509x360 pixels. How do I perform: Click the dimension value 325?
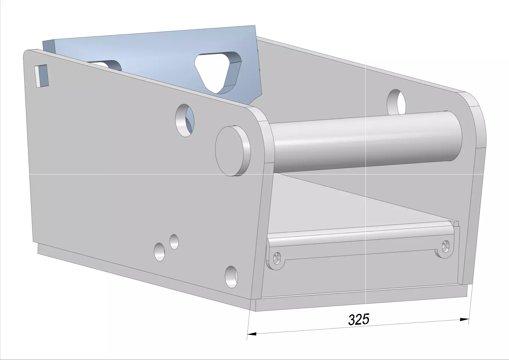click(x=359, y=319)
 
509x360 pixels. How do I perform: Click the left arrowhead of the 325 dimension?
click(x=252, y=334)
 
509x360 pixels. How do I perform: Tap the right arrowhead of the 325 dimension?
click(x=464, y=320)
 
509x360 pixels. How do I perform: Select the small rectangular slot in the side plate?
click(x=41, y=76)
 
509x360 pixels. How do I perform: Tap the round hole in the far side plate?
click(x=396, y=102)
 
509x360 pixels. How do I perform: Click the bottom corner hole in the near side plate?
click(x=231, y=277)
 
